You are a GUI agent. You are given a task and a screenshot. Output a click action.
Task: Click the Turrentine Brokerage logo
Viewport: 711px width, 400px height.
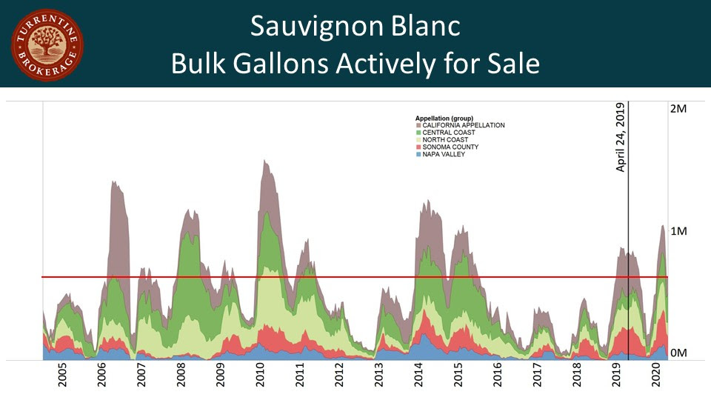47,44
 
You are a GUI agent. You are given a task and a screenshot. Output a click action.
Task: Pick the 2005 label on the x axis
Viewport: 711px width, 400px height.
62,377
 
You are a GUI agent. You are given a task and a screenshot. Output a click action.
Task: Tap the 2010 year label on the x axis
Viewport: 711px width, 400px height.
261,377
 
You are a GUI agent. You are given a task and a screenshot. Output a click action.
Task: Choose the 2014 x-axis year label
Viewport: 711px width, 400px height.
419,377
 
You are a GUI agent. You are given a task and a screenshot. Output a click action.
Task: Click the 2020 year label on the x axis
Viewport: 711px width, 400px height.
656,377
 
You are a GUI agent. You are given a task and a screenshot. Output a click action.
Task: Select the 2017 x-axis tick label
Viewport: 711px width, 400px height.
538,377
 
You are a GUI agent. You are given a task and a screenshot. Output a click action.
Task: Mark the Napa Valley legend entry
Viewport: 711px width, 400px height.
443,154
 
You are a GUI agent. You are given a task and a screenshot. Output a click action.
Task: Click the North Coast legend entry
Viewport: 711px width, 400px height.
447,140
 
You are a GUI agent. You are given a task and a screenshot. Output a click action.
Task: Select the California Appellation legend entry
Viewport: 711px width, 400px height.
463,125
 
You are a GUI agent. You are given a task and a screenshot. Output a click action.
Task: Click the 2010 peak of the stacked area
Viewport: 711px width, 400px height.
265,161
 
